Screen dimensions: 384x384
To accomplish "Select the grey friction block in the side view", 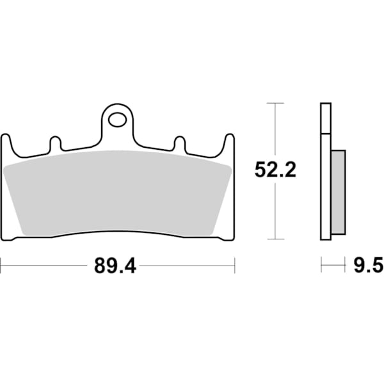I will point(338,190).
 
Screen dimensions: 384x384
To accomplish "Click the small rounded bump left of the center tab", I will point(55,143).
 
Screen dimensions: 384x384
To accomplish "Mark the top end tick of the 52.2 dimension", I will point(275,102).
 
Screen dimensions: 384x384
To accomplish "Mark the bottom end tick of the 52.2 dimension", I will point(275,239).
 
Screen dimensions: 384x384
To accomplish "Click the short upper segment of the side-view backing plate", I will point(326,118).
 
